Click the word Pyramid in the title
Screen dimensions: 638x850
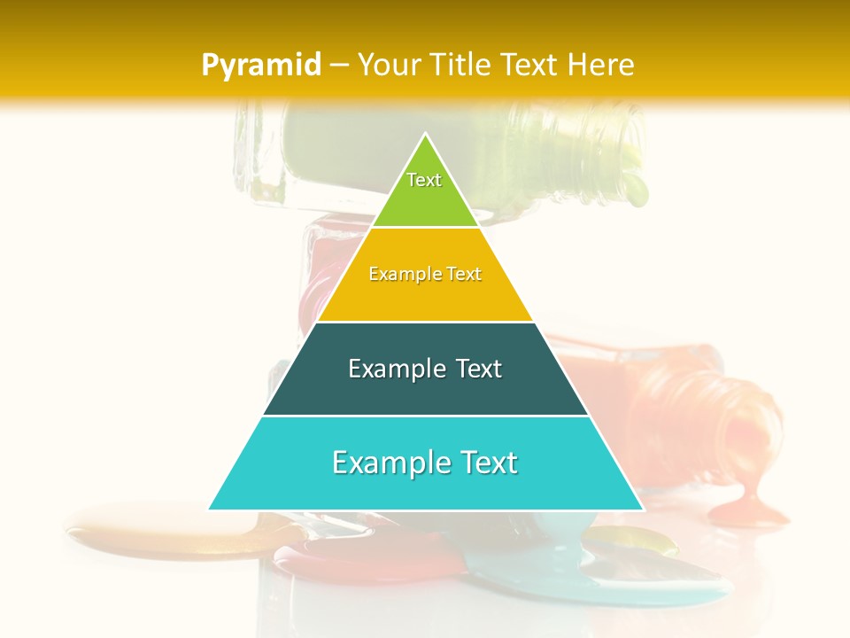[260, 66]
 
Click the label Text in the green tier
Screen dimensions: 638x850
[424, 180]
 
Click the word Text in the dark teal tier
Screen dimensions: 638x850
[472, 369]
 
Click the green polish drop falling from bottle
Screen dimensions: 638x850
[635, 186]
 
